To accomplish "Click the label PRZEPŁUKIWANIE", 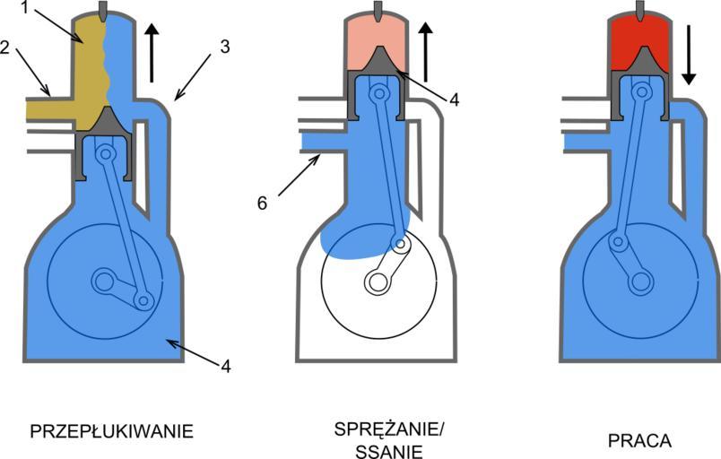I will [x=112, y=431].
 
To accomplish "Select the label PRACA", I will [x=639, y=441].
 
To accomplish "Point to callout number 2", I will [x=8, y=50].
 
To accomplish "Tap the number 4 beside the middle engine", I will [x=455, y=100].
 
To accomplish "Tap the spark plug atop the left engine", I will [x=107, y=11].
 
